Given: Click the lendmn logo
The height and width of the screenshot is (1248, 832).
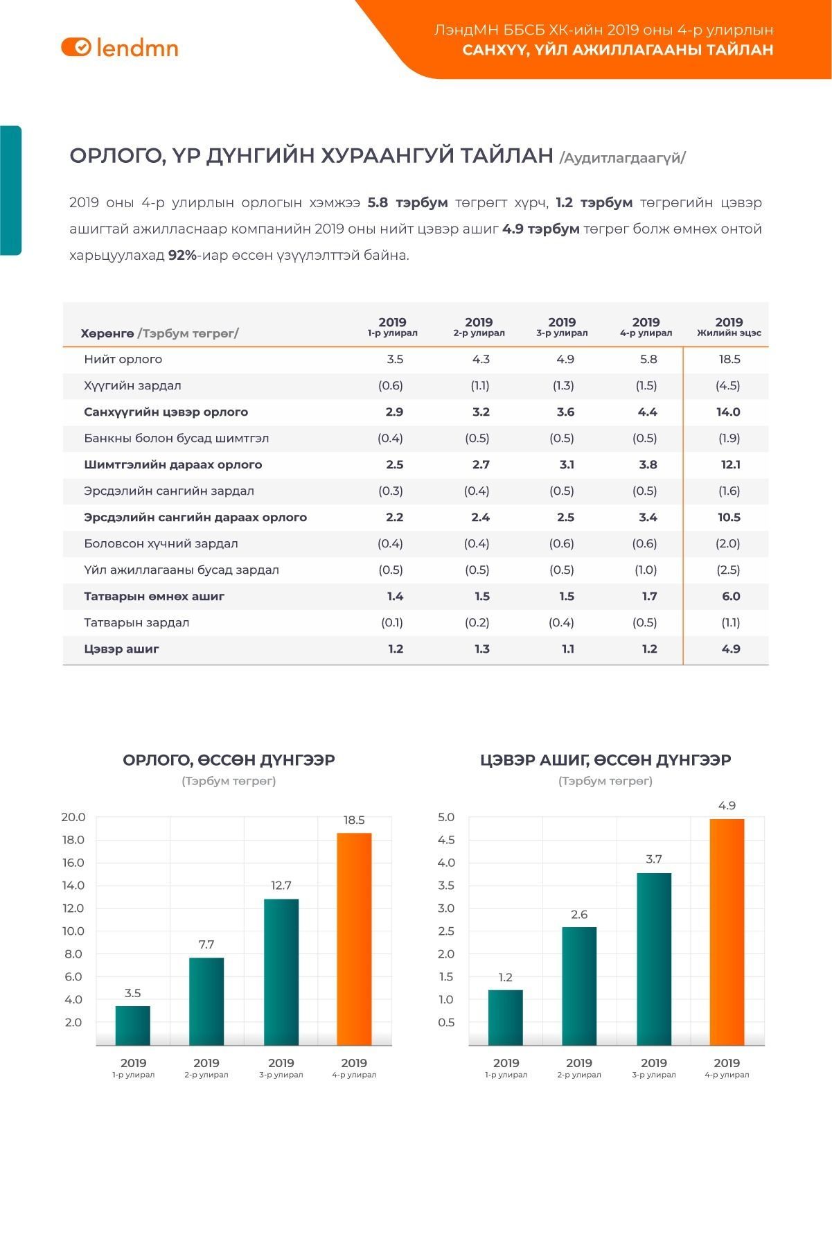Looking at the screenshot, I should (x=120, y=47).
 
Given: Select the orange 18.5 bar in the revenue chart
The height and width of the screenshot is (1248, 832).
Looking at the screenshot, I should (x=354, y=938).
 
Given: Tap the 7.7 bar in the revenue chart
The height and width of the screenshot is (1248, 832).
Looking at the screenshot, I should (x=206, y=1001).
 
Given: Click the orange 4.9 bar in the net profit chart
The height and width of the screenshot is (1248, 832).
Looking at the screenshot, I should (x=727, y=931).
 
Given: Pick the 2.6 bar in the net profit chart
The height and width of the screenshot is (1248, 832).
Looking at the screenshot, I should (x=579, y=985).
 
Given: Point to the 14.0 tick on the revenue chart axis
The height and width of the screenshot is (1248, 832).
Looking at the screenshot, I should (x=73, y=885).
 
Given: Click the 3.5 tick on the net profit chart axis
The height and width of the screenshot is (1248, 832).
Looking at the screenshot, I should (x=446, y=885).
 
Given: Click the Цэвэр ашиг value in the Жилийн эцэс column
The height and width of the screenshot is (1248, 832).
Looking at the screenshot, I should (x=731, y=649).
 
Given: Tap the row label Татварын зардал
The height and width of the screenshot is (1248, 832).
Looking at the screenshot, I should (x=136, y=622).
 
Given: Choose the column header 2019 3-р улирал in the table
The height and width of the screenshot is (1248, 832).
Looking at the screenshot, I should (x=562, y=326).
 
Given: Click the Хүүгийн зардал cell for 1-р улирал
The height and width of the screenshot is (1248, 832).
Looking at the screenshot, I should (x=391, y=385).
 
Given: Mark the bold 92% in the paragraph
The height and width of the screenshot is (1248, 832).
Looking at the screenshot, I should (x=182, y=255).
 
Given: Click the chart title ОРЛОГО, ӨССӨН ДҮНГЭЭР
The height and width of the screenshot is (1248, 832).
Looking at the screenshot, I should (x=229, y=759).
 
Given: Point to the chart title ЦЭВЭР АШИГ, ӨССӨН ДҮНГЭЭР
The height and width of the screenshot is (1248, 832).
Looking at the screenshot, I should (x=605, y=759).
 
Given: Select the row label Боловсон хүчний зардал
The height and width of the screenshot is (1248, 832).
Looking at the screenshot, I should (x=161, y=543).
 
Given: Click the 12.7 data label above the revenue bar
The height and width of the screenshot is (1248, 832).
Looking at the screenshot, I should (x=281, y=885).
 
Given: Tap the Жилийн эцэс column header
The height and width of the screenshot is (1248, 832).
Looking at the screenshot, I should (x=729, y=326).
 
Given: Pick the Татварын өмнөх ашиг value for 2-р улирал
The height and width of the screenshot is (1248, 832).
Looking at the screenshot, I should (x=482, y=596).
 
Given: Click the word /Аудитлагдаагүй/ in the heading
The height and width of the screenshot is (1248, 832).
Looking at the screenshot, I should (x=622, y=157).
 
